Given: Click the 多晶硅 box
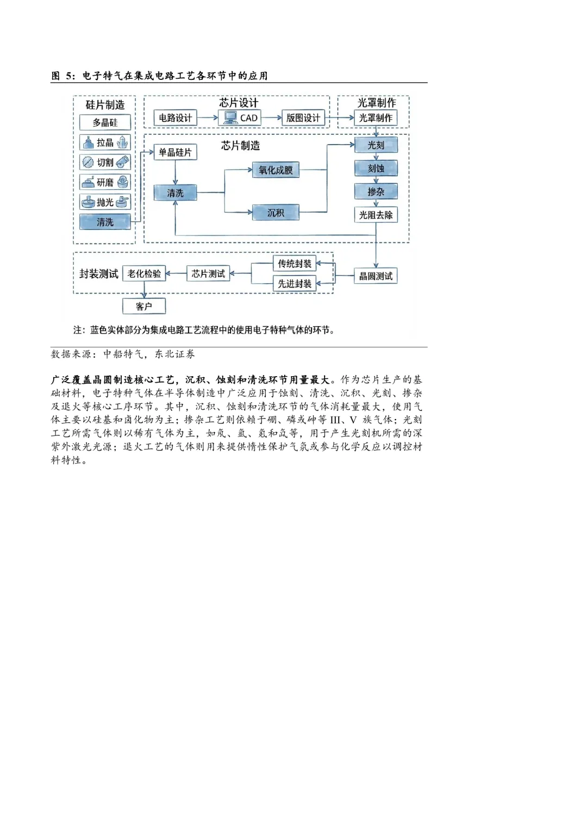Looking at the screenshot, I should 105,122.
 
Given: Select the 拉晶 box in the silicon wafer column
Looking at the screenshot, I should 105,142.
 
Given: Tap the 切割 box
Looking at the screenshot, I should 105,162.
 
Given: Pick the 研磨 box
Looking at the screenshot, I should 105,182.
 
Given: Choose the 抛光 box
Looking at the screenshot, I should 105,202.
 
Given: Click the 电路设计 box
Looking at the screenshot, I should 175,118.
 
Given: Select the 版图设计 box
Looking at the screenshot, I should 303,118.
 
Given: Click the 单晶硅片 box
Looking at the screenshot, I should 175,152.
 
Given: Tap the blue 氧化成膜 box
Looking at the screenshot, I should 276,170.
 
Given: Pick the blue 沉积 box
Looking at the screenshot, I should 276,213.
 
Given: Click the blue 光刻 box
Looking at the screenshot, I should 376,145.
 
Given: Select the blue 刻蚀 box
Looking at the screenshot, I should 376,169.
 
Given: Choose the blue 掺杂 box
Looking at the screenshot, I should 376,191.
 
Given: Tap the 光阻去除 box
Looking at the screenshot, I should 376,215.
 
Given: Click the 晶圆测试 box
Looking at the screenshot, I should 376,276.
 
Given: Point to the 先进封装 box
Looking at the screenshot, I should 295,283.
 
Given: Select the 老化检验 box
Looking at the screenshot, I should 144,273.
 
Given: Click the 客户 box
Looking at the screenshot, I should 144,306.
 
